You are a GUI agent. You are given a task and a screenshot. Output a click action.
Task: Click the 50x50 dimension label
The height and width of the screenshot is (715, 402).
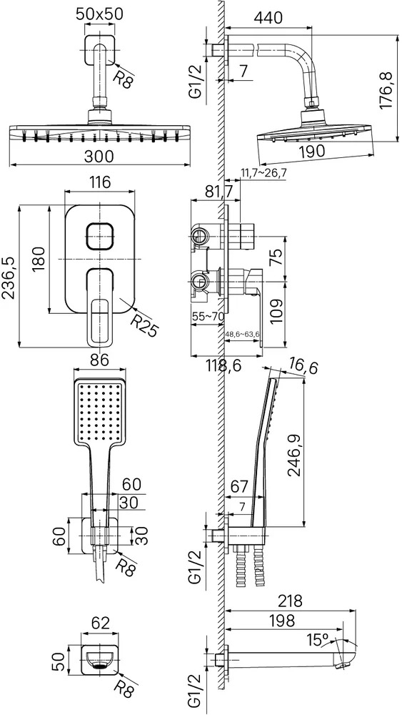99,14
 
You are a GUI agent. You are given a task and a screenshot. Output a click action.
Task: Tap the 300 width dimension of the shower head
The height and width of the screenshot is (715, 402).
99,157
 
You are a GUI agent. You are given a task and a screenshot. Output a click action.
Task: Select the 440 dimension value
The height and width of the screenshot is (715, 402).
268,17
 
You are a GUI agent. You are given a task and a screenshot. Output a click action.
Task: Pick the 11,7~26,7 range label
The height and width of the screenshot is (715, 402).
264,172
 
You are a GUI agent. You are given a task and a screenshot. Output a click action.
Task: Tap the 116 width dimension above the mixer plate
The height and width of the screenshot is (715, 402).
100,182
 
